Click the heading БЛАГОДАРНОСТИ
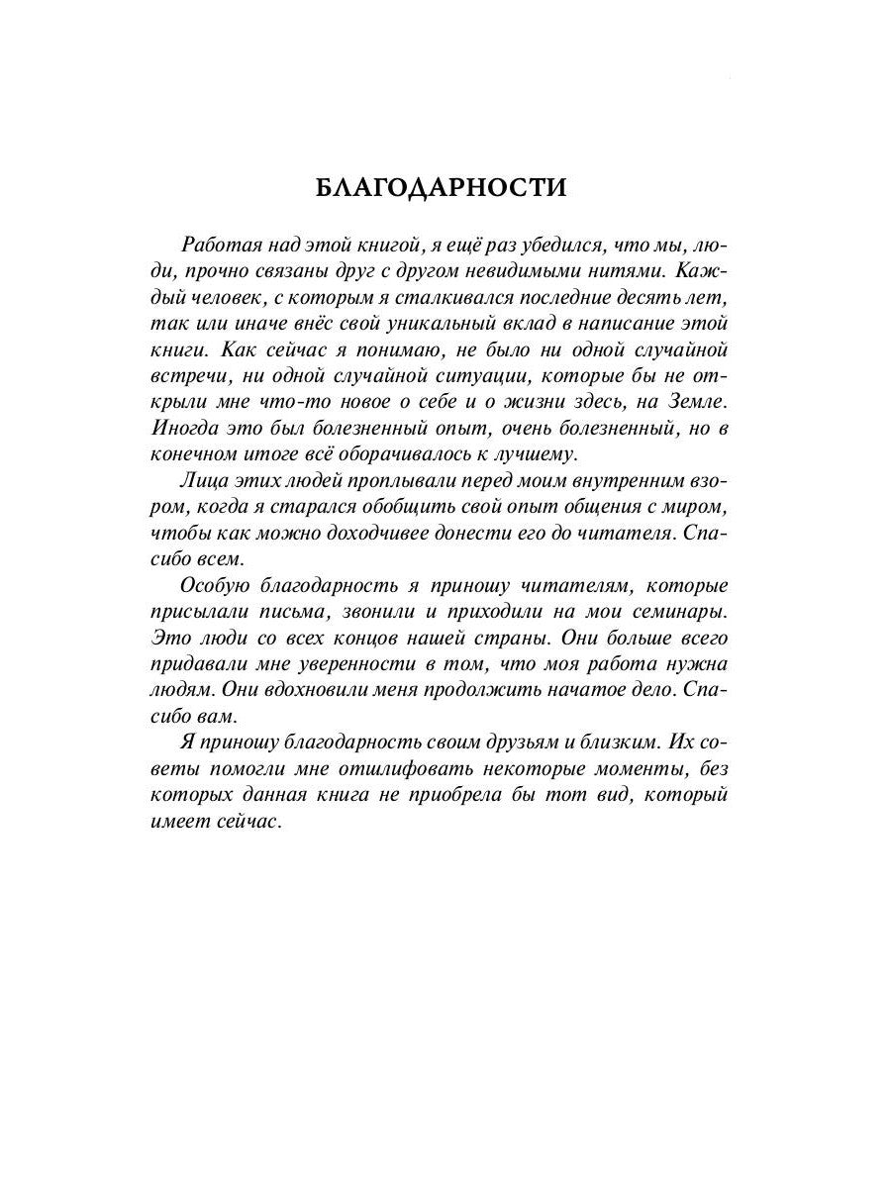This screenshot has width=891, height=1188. [x=441, y=189]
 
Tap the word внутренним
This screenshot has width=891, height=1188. [x=626, y=482]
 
